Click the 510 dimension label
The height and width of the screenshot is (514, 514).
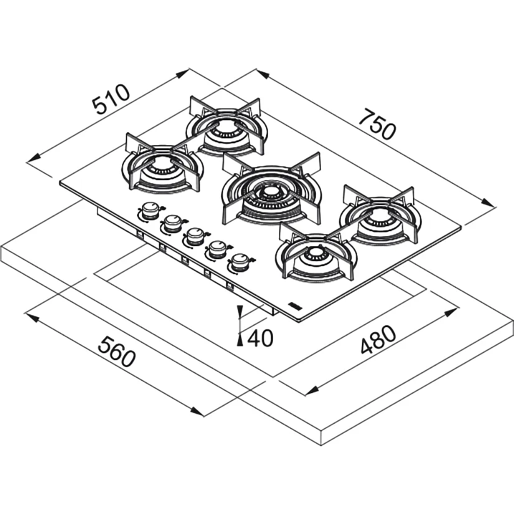(x=111, y=99)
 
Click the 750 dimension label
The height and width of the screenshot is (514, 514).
(x=377, y=125)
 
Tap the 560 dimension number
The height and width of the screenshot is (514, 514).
(x=117, y=352)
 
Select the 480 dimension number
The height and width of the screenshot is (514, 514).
(x=378, y=340)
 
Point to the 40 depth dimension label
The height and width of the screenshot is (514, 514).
(x=260, y=338)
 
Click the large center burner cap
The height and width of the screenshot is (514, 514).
(x=269, y=192)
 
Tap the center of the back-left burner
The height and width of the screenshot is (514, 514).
(x=226, y=126)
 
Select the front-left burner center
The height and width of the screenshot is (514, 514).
(x=163, y=163)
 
